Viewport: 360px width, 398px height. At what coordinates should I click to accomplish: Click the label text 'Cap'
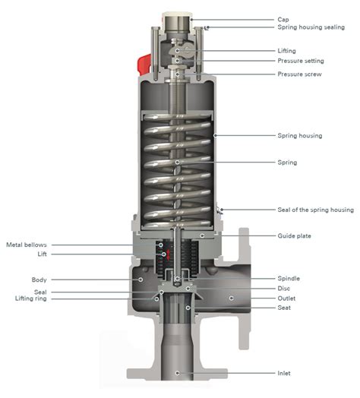coord(283,20)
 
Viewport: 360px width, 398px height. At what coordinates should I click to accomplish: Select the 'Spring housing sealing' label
coord(311,27)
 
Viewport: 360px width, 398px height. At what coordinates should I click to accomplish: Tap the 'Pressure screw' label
coord(299,74)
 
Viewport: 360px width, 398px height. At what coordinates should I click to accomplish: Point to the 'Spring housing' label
coord(300,135)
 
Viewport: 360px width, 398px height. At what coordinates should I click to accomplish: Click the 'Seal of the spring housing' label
coord(316,210)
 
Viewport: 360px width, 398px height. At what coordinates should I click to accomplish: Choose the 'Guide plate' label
coord(294,235)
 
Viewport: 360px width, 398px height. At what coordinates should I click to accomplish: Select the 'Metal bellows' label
coord(27,245)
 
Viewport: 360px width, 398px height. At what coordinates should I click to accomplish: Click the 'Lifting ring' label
coord(30,298)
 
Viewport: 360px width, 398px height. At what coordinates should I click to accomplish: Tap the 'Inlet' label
coord(284,373)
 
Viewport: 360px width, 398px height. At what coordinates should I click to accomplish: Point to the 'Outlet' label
coord(286,298)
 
